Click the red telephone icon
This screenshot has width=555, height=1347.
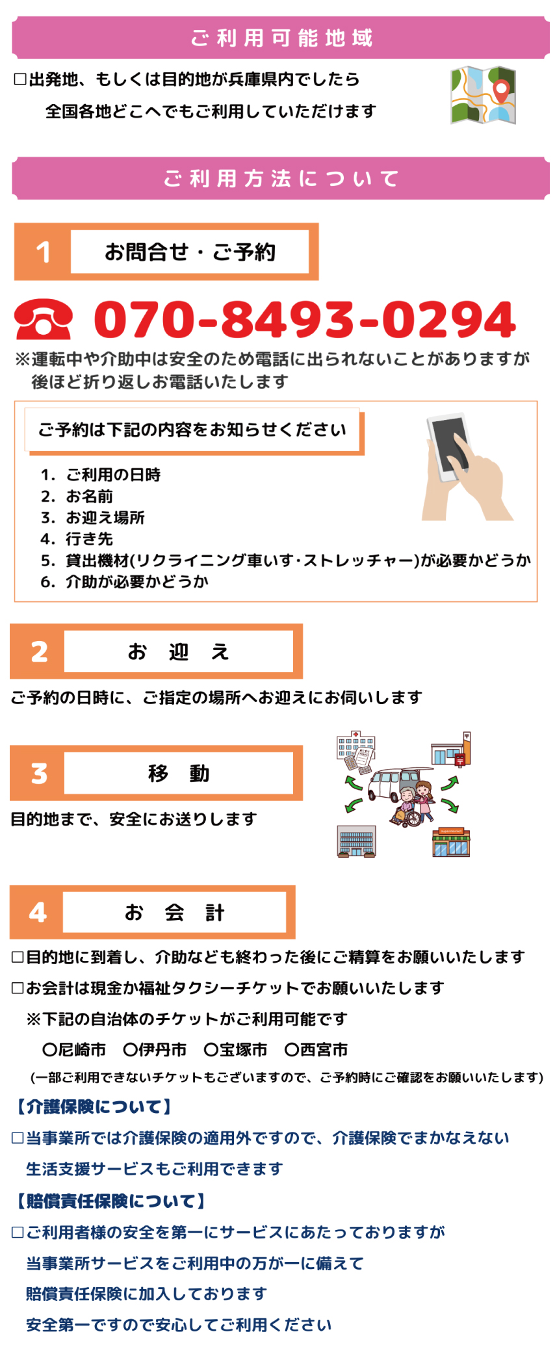tap(43, 319)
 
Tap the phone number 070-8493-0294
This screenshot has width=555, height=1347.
tap(305, 320)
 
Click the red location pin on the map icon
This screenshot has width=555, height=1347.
tap(501, 91)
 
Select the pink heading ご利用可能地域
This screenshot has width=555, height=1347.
tap(281, 38)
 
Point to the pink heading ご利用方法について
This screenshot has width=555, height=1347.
tap(281, 179)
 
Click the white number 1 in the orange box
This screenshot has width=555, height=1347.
tap(44, 252)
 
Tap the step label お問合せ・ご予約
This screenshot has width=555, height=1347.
tap(190, 252)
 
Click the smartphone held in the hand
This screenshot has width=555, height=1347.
tap(448, 447)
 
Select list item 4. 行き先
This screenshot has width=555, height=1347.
tap(77, 539)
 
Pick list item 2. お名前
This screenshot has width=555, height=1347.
tap(77, 497)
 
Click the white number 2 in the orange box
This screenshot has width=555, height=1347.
tap(39, 652)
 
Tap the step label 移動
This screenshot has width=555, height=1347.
tap(179, 774)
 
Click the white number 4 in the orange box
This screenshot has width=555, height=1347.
tap(38, 913)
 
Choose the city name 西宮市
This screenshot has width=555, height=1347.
tap(324, 1049)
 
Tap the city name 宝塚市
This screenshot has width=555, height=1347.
tap(243, 1049)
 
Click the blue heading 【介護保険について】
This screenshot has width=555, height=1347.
tap(93, 1106)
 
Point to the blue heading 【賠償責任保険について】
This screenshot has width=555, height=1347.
tap(110, 1201)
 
